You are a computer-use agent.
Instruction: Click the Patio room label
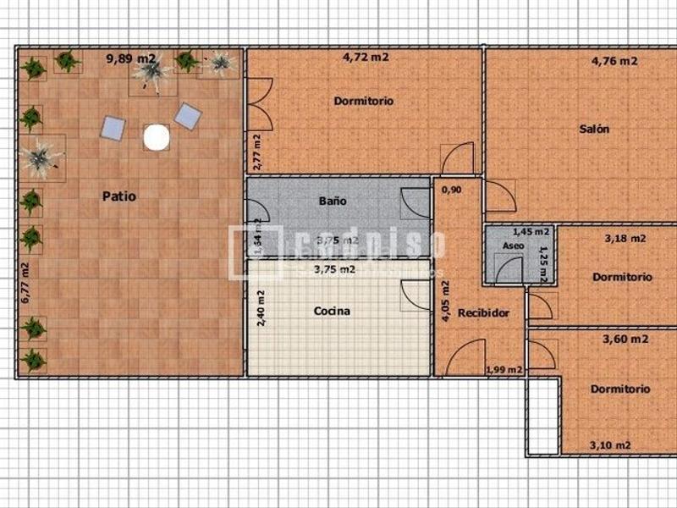click(119, 196)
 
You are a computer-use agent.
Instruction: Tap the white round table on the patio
click(157, 137)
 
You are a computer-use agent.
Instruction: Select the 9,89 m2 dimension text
click(130, 58)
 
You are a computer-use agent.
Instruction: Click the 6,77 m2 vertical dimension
click(25, 283)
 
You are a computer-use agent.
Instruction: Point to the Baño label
click(333, 202)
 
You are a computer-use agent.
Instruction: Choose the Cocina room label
click(332, 311)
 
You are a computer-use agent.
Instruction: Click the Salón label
click(594, 130)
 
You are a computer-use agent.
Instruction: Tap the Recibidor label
click(483, 313)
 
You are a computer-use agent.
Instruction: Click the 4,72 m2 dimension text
click(366, 58)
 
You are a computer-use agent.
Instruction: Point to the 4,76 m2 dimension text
click(614, 60)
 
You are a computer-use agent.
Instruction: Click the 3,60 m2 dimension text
click(625, 339)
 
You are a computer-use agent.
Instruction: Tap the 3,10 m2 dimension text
click(609, 445)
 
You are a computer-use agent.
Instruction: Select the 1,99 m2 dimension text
click(504, 370)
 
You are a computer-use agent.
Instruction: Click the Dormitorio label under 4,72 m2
click(364, 101)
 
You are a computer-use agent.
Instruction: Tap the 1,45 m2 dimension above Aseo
click(531, 231)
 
